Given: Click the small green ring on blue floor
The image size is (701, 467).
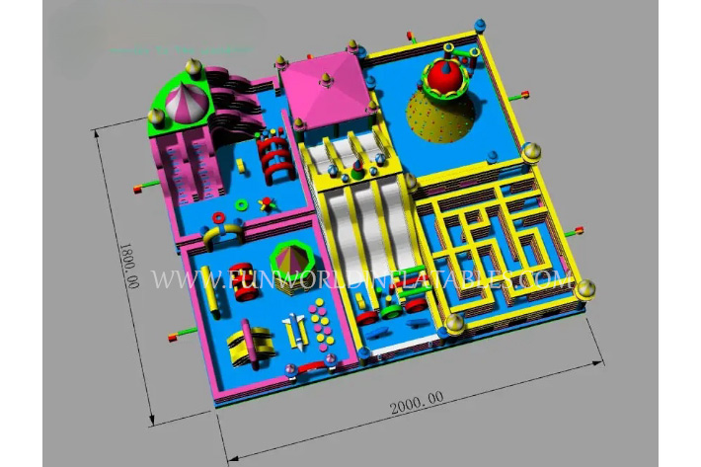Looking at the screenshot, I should (241, 207).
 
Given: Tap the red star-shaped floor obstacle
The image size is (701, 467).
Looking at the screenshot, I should (265, 205).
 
